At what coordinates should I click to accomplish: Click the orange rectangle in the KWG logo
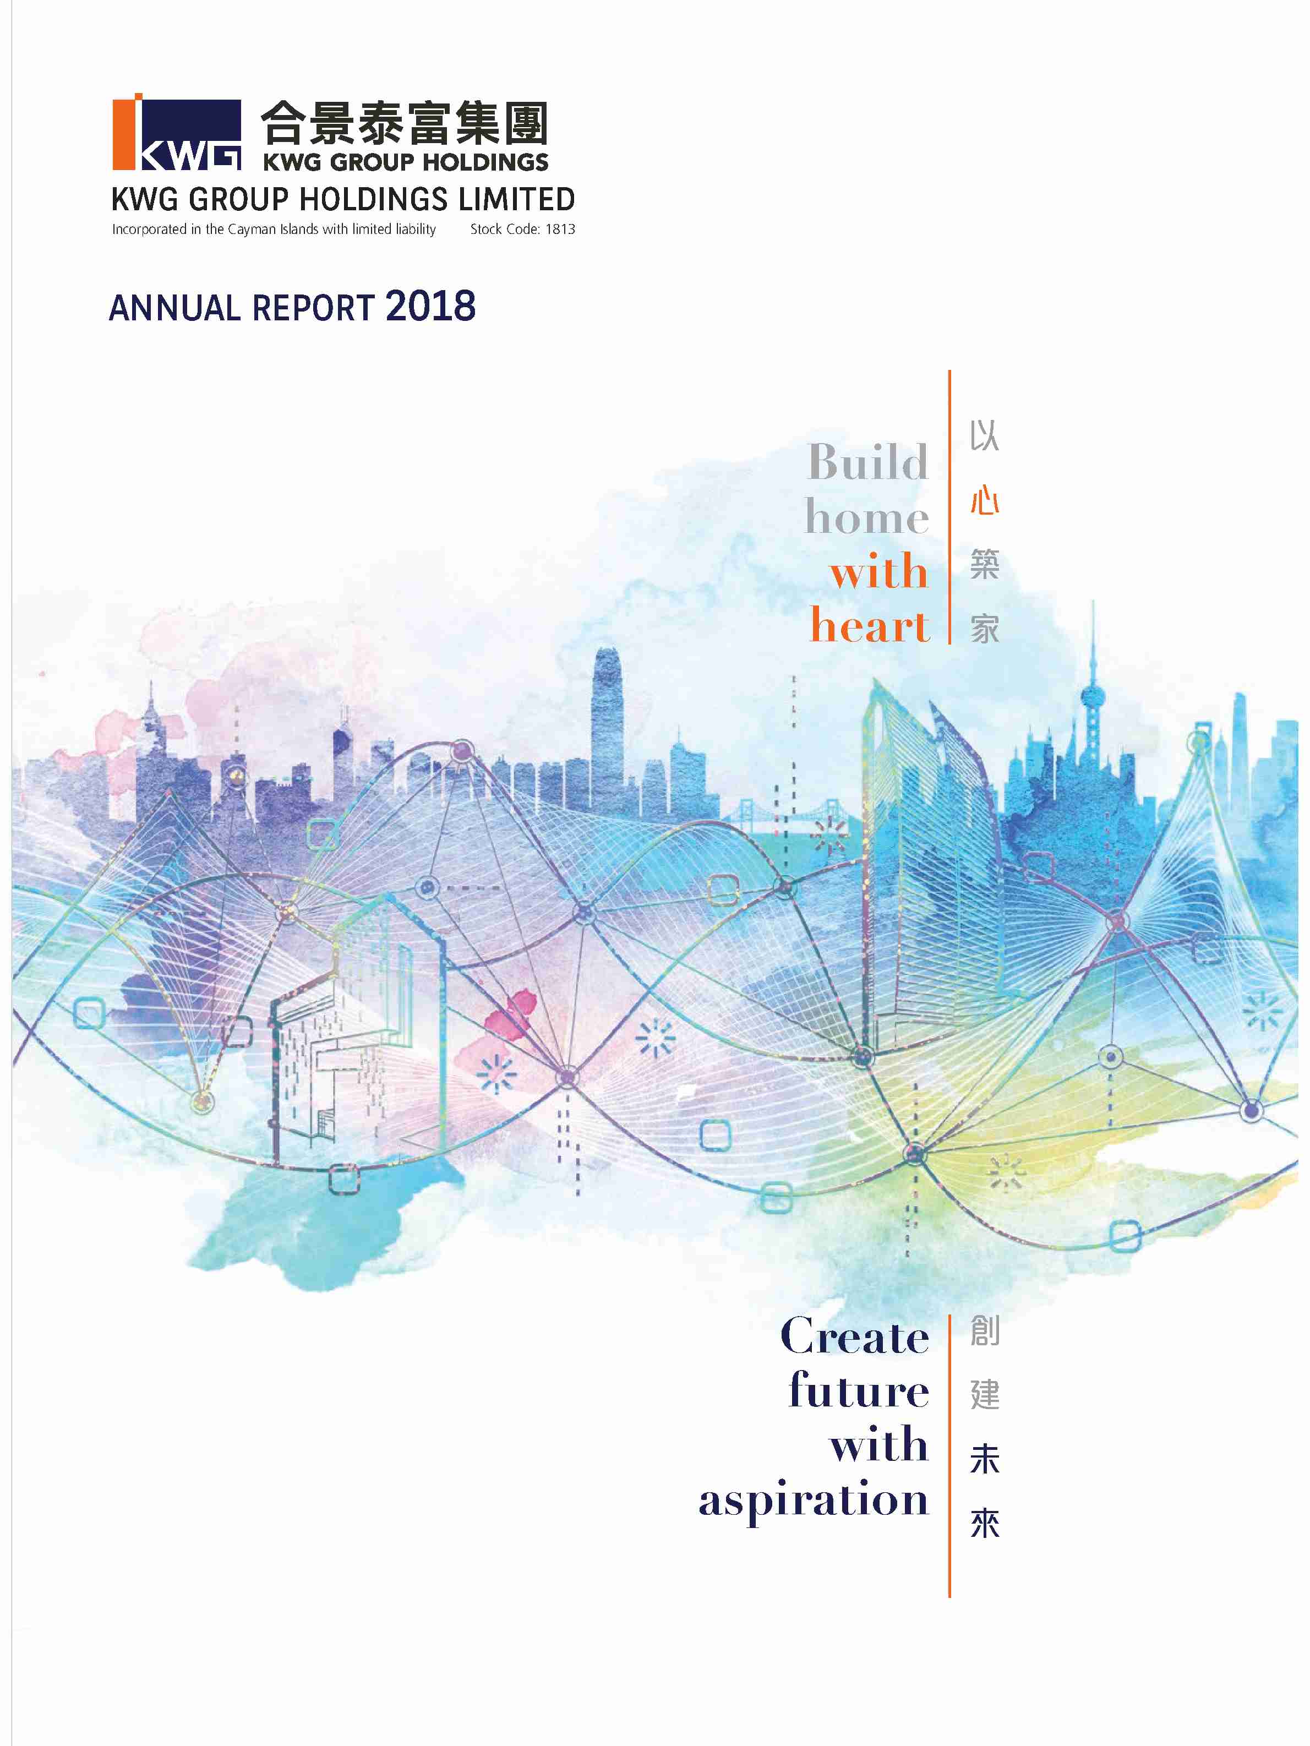pos(124,134)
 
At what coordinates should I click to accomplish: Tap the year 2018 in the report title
pos(431,306)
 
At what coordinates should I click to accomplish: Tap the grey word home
pos(866,518)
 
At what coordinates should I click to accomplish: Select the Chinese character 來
pos(984,1524)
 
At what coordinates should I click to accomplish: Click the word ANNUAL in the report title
pos(174,308)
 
